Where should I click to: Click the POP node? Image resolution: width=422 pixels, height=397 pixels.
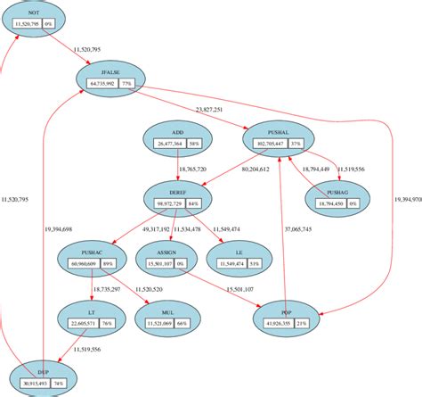pyautogui.click(x=285, y=318)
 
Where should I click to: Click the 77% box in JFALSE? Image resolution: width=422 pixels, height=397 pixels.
pyautogui.click(x=127, y=84)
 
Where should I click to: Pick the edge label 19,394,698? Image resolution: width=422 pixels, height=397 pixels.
pyautogui.click(x=58, y=229)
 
